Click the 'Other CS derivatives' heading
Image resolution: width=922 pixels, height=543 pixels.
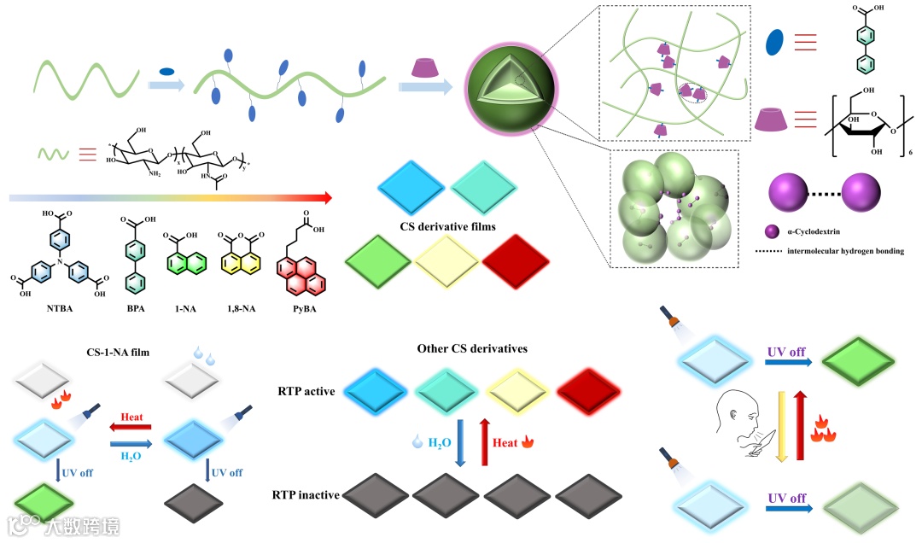[x=471, y=348]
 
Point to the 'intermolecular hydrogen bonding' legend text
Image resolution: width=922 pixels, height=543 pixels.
[x=832, y=251]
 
